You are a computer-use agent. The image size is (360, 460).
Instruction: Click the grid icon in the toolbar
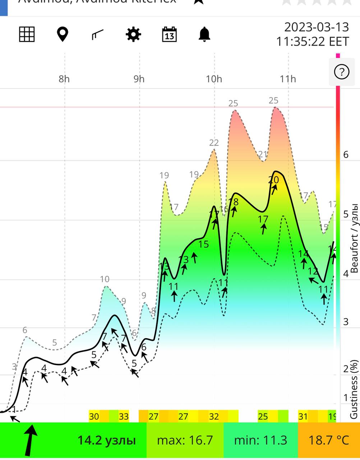(x=27, y=34)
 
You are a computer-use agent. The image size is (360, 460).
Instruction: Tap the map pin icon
(x=63, y=34)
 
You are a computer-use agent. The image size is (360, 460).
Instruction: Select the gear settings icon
(x=133, y=34)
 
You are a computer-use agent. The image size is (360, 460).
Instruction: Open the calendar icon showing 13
(x=169, y=34)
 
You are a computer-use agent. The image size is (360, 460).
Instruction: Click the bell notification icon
(x=204, y=34)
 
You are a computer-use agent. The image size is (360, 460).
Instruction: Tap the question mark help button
(x=341, y=72)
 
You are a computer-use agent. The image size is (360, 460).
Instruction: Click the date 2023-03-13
(x=317, y=27)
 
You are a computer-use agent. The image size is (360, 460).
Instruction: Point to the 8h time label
(x=64, y=79)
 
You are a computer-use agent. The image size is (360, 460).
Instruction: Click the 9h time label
(x=139, y=79)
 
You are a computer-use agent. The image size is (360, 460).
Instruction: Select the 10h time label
(x=214, y=79)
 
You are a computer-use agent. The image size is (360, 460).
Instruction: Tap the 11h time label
(x=288, y=79)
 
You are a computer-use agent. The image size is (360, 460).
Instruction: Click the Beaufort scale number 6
(x=346, y=155)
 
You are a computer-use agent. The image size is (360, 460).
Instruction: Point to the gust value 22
(x=214, y=143)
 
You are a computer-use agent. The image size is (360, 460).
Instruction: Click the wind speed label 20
(x=273, y=180)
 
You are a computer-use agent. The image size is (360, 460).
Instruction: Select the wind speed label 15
(x=203, y=244)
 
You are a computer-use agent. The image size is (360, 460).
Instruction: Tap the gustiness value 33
(x=124, y=417)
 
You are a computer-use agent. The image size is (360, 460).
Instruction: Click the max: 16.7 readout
(x=185, y=440)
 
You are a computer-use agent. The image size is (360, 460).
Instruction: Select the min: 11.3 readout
(x=260, y=440)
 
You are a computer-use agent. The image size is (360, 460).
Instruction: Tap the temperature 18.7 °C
(x=329, y=440)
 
